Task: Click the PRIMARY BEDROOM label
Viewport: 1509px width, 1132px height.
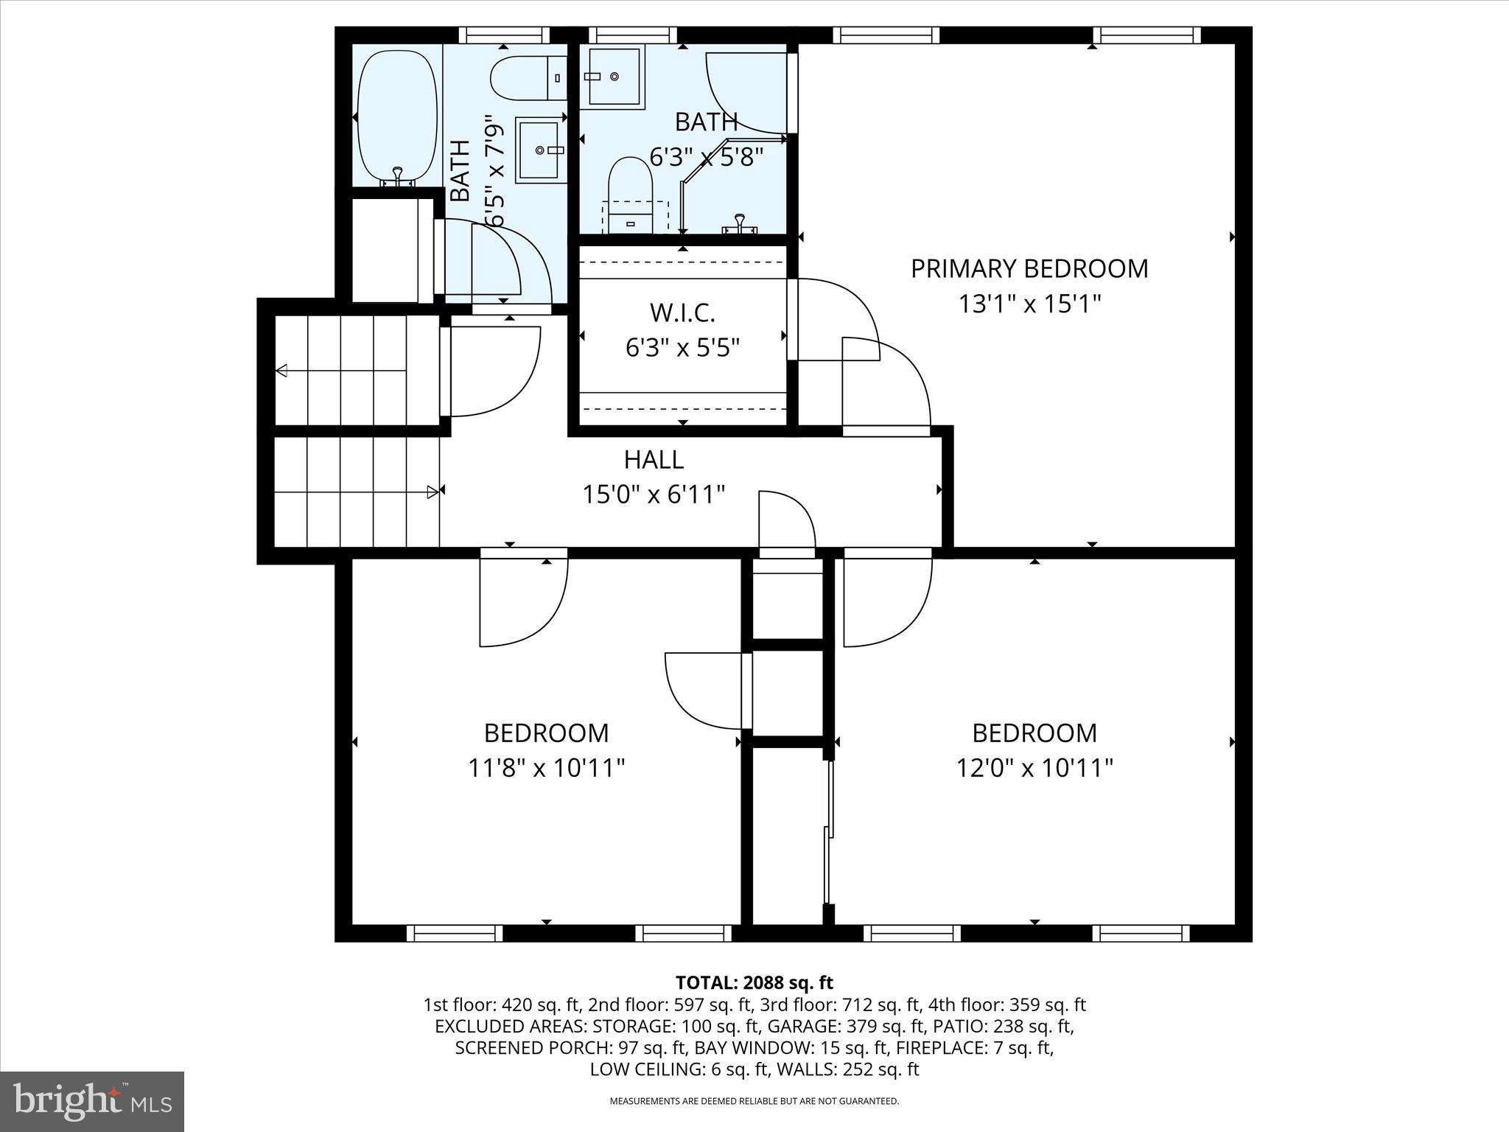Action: pos(1029,268)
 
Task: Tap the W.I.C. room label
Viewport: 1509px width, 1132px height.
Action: pos(682,313)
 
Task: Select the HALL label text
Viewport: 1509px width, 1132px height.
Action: pos(654,460)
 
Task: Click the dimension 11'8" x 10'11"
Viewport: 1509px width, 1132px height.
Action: pos(547,769)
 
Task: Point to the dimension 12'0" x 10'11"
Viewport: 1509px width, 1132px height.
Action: pos(1034,769)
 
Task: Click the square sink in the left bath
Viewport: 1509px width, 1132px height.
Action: pos(540,150)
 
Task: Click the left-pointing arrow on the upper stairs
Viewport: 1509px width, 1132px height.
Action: pos(282,371)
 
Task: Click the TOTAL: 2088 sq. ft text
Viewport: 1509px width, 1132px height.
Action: pos(754,982)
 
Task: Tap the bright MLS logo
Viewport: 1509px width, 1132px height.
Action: pos(92,1101)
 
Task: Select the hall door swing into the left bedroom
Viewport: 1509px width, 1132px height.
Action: pos(523,601)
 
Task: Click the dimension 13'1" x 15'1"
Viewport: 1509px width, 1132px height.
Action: pos(1029,304)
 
